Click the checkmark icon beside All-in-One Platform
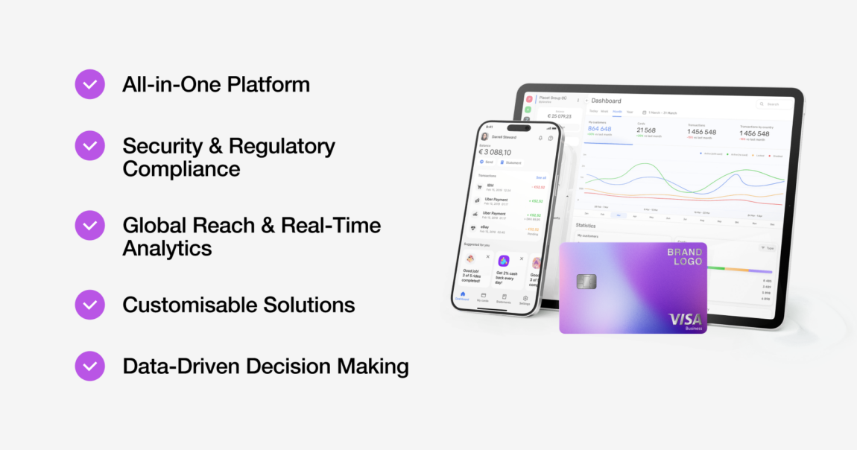coord(89,84)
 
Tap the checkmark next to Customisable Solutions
coord(89,305)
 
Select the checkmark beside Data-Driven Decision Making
coord(89,366)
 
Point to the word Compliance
coord(181,169)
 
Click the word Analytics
coord(167,248)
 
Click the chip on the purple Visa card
coord(586,282)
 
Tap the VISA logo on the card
coord(685,319)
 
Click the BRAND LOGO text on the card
coord(684,257)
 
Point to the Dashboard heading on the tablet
coord(606,101)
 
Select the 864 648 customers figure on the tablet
coord(599,129)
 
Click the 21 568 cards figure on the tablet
coord(646,130)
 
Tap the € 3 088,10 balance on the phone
coord(495,152)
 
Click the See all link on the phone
coord(541,177)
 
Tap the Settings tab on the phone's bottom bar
coord(525,300)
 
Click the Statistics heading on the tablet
coord(588,224)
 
